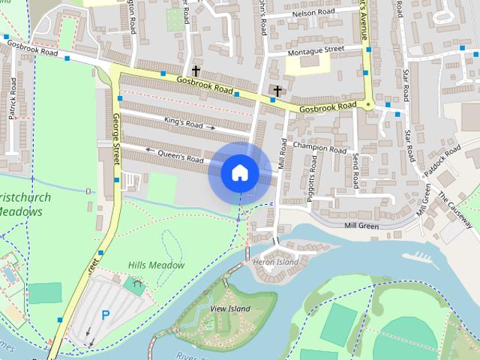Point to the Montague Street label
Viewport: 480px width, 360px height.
[x=316, y=50]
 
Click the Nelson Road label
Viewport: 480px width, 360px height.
[x=313, y=13]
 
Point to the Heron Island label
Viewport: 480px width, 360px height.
[x=275, y=262]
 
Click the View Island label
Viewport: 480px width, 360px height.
[x=229, y=308]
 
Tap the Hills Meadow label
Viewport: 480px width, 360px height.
[x=156, y=265]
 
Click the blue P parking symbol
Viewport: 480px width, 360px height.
[x=106, y=316]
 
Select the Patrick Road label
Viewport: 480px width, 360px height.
[x=13, y=107]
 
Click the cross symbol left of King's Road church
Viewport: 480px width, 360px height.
[x=196, y=71]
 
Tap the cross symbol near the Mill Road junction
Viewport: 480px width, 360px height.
[x=277, y=91]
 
